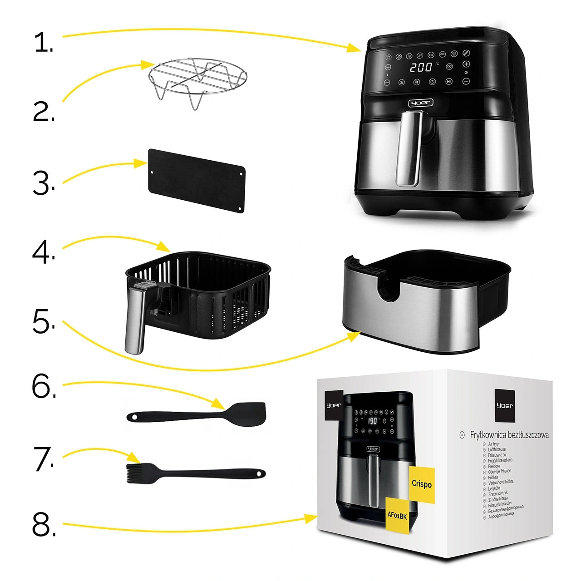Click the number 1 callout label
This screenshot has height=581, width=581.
[44, 43]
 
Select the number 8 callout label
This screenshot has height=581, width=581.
[44, 525]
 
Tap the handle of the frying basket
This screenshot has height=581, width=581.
[135, 320]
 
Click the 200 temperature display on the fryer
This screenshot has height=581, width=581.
[421, 67]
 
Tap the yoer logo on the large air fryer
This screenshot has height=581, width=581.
[421, 103]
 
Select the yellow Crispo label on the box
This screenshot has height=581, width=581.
[422, 484]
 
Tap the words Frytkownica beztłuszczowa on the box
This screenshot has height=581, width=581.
[509, 435]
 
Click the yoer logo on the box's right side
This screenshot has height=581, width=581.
[504, 405]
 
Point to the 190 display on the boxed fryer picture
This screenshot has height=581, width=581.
[373, 421]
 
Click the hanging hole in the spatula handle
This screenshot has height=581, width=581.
[133, 417]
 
